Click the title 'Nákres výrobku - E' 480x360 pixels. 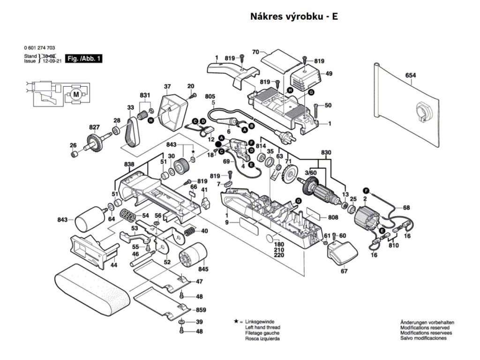point(294,17)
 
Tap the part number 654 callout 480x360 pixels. point(411,75)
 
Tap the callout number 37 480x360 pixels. point(167,86)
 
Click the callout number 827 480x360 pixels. point(95,127)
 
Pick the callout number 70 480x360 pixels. point(255,52)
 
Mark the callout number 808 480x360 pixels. point(333,217)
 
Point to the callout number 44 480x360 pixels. point(113,265)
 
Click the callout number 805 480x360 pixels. point(210,96)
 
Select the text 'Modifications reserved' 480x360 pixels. point(427,328)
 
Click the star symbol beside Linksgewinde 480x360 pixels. point(235,322)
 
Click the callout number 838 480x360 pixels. point(129,164)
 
